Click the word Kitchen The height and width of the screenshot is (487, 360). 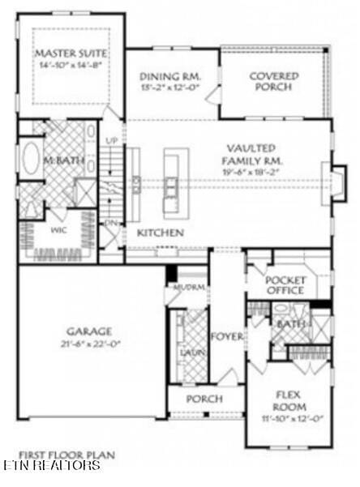[160, 233]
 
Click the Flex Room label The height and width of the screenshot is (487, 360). [289, 401]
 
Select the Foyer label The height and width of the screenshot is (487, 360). [226, 336]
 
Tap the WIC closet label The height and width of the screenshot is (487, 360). [36, 229]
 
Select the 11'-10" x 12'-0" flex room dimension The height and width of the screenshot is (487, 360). [289, 418]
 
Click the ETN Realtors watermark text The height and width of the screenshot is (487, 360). [50, 466]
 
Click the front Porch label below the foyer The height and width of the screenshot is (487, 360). [204, 399]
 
